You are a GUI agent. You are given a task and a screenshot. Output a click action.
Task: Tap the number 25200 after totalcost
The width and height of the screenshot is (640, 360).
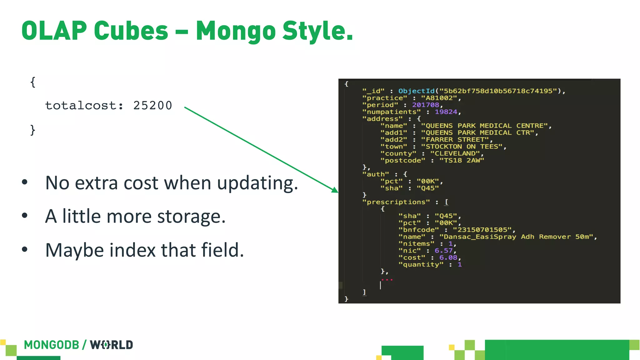(152, 106)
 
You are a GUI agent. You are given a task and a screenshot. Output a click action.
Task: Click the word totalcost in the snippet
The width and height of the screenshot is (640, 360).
(82, 106)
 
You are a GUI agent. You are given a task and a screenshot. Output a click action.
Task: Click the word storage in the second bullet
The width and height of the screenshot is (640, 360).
(191, 216)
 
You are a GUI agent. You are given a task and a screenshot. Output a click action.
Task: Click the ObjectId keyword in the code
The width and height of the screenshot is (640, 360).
(416, 91)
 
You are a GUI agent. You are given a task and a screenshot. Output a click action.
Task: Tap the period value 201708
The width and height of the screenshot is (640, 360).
(425, 105)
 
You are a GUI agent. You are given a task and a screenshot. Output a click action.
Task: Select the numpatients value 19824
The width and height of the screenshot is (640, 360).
(446, 112)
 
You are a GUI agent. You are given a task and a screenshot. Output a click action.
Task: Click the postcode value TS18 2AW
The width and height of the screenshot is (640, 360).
(462, 160)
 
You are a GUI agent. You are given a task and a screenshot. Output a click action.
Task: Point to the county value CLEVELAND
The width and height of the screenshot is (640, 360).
(455, 153)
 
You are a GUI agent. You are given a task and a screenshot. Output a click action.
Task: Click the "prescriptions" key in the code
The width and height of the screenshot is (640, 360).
(396, 202)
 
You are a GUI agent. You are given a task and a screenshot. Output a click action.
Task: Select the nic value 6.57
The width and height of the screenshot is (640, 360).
(443, 251)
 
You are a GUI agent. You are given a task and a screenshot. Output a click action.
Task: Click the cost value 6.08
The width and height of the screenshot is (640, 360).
(448, 257)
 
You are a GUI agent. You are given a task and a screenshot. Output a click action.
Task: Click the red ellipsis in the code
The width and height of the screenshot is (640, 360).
(387, 280)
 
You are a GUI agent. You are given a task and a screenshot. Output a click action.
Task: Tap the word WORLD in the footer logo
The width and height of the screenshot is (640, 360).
(112, 345)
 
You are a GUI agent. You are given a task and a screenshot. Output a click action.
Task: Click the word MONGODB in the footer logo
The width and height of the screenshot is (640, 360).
(52, 345)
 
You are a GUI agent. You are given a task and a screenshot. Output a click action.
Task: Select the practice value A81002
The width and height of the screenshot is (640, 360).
(439, 98)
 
